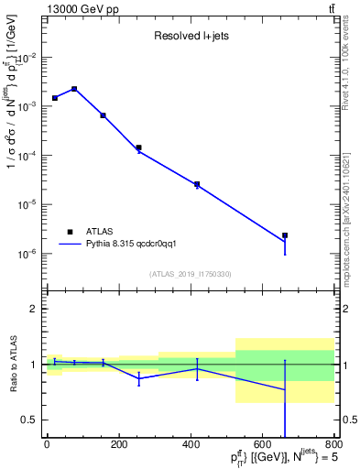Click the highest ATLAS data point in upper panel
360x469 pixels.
(x=74, y=89)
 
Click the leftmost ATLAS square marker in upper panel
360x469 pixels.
(x=55, y=97)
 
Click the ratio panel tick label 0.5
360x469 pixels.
(x=30, y=420)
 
